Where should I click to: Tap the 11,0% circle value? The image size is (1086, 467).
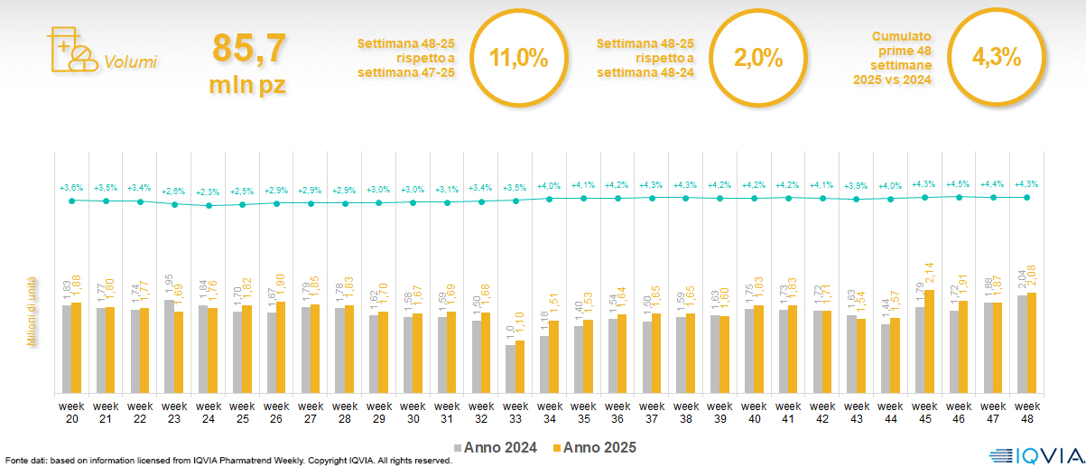click(x=518, y=59)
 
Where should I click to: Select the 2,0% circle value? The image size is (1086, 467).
click(x=757, y=59)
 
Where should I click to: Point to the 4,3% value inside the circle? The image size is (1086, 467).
click(x=996, y=59)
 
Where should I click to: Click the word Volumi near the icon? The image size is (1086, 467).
click(x=130, y=62)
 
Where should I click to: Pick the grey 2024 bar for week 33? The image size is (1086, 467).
click(x=510, y=369)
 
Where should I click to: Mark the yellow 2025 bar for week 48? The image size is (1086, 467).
click(x=1032, y=343)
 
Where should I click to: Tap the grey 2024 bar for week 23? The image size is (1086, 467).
click(x=169, y=347)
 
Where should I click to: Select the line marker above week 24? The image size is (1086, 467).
click(x=209, y=205)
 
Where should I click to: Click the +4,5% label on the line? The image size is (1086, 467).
click(x=958, y=184)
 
